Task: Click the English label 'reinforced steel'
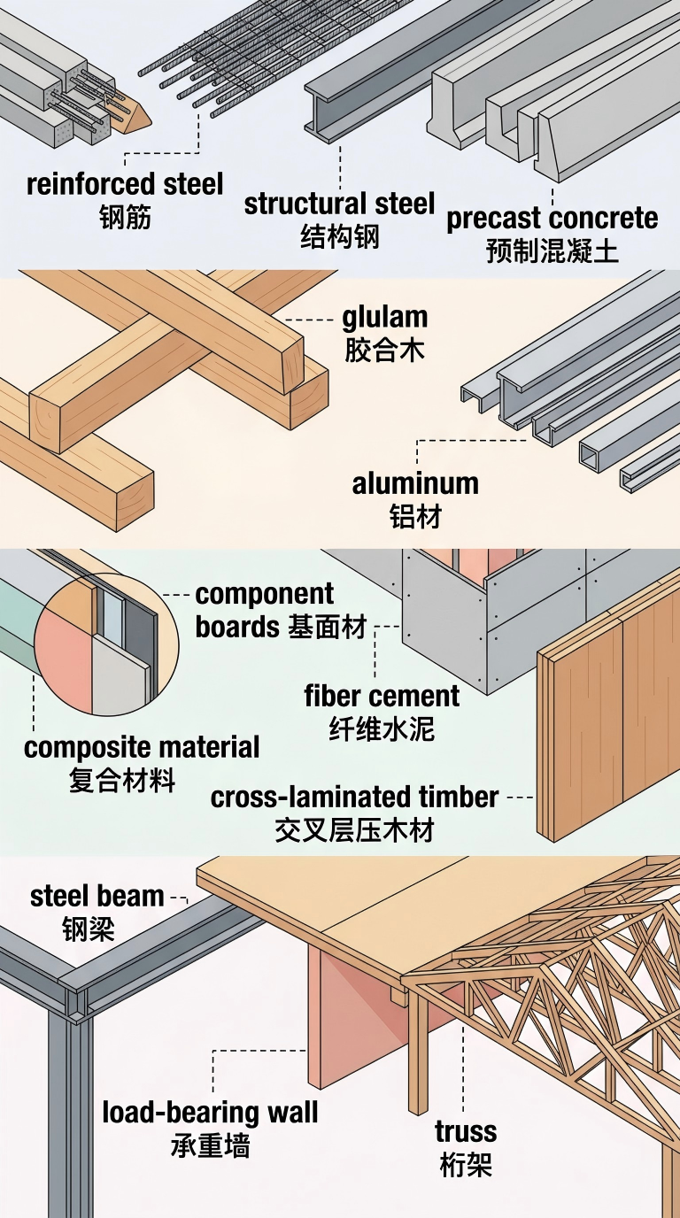[125, 184]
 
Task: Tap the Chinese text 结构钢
[339, 237]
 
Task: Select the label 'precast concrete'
[552, 218]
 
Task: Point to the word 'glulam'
[384, 318]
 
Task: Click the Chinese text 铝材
[415, 516]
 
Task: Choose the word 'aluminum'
[415, 484]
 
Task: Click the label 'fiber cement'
[382, 697]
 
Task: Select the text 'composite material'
[142, 748]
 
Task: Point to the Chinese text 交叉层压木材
[354, 830]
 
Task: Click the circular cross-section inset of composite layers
[106, 644]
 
